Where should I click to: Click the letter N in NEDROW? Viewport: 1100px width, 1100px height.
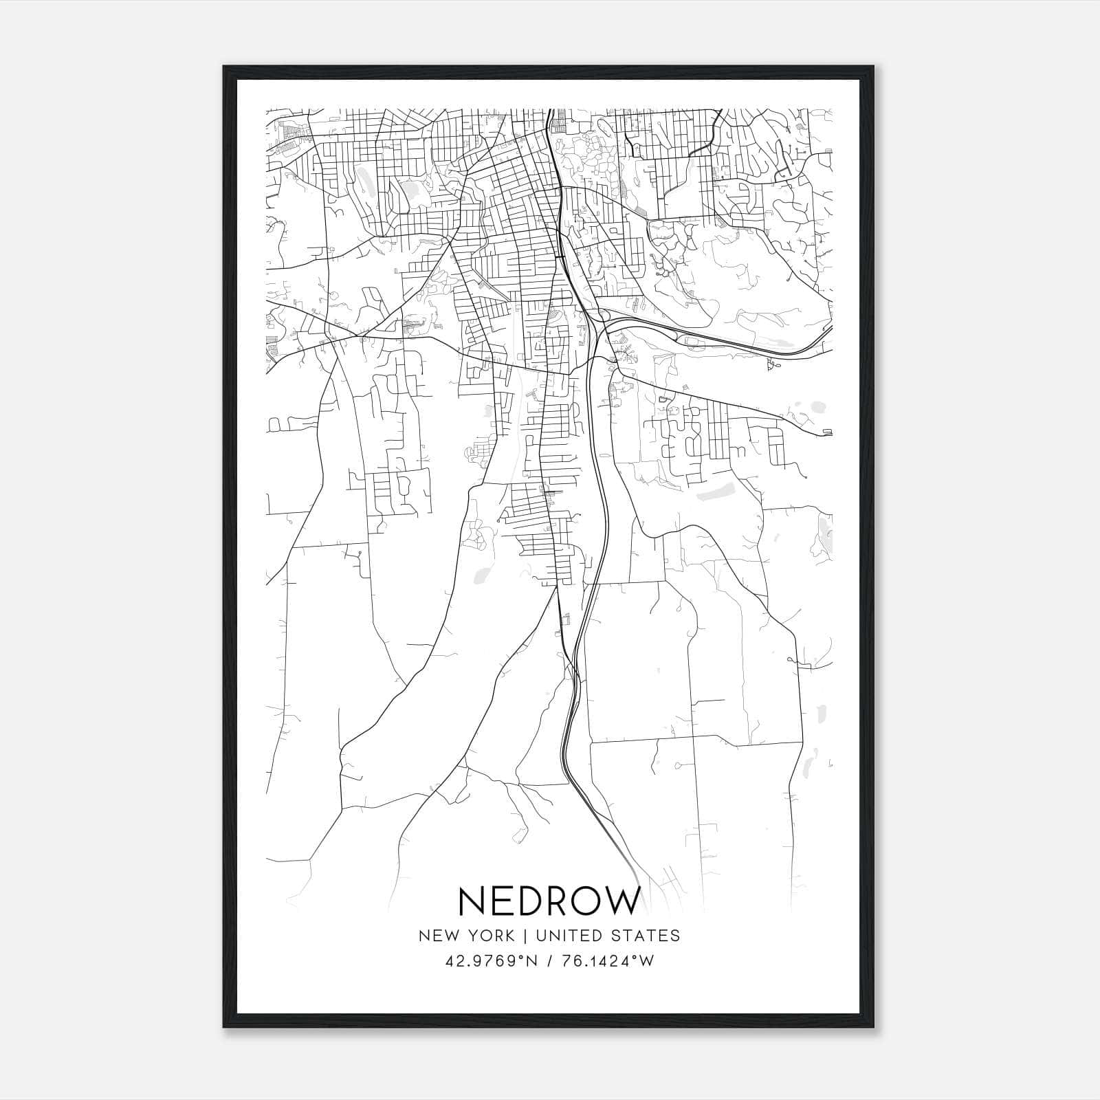click(x=472, y=901)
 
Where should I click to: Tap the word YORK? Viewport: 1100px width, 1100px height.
click(x=488, y=936)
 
